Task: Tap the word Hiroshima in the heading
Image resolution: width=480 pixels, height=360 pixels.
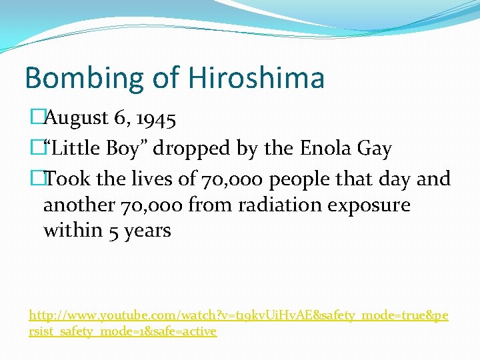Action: tap(256, 77)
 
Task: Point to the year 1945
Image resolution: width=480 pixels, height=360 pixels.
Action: tap(155, 119)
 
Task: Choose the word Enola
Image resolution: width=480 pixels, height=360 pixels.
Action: tap(320, 148)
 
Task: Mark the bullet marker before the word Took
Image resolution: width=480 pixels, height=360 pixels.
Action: tap(36, 179)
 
